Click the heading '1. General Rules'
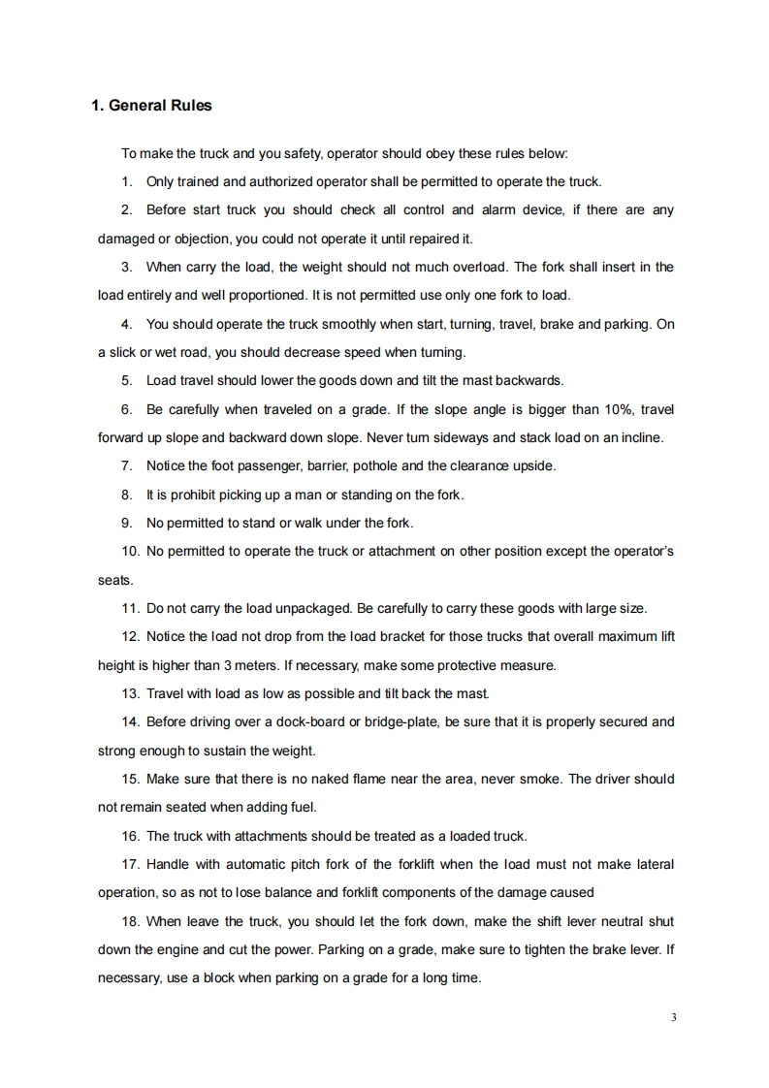[x=151, y=105]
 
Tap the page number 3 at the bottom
[x=672, y=1017]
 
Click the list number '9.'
[x=126, y=523]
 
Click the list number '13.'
[x=131, y=693]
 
